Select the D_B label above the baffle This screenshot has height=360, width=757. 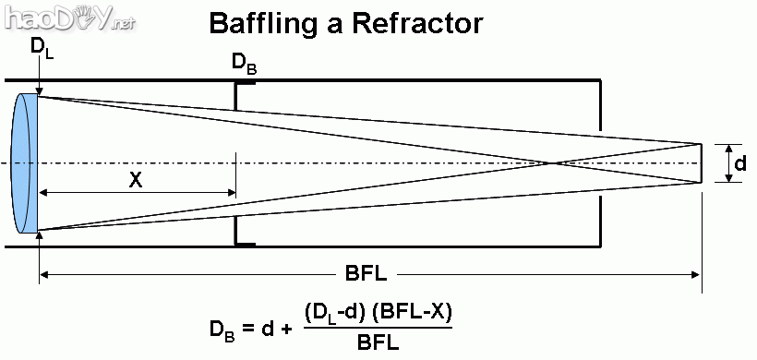[244, 64]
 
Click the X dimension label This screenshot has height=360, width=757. [136, 181]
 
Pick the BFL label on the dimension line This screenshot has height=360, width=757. [366, 274]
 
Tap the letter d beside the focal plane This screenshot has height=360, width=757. [740, 163]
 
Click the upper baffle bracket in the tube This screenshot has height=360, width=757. [242, 88]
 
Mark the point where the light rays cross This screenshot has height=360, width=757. [552, 163]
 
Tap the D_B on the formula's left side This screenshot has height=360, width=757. [224, 329]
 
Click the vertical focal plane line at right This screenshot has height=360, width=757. [703, 163]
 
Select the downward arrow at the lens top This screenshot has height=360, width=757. [39, 85]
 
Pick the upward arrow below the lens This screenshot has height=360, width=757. [39, 240]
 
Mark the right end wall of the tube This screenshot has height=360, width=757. [601, 163]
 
